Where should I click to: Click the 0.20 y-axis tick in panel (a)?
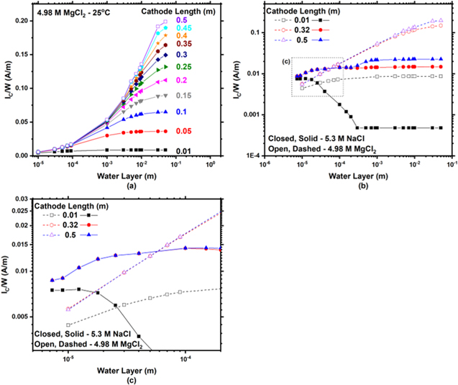20,20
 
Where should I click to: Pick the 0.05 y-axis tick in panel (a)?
20,122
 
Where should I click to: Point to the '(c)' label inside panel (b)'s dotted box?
285,60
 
